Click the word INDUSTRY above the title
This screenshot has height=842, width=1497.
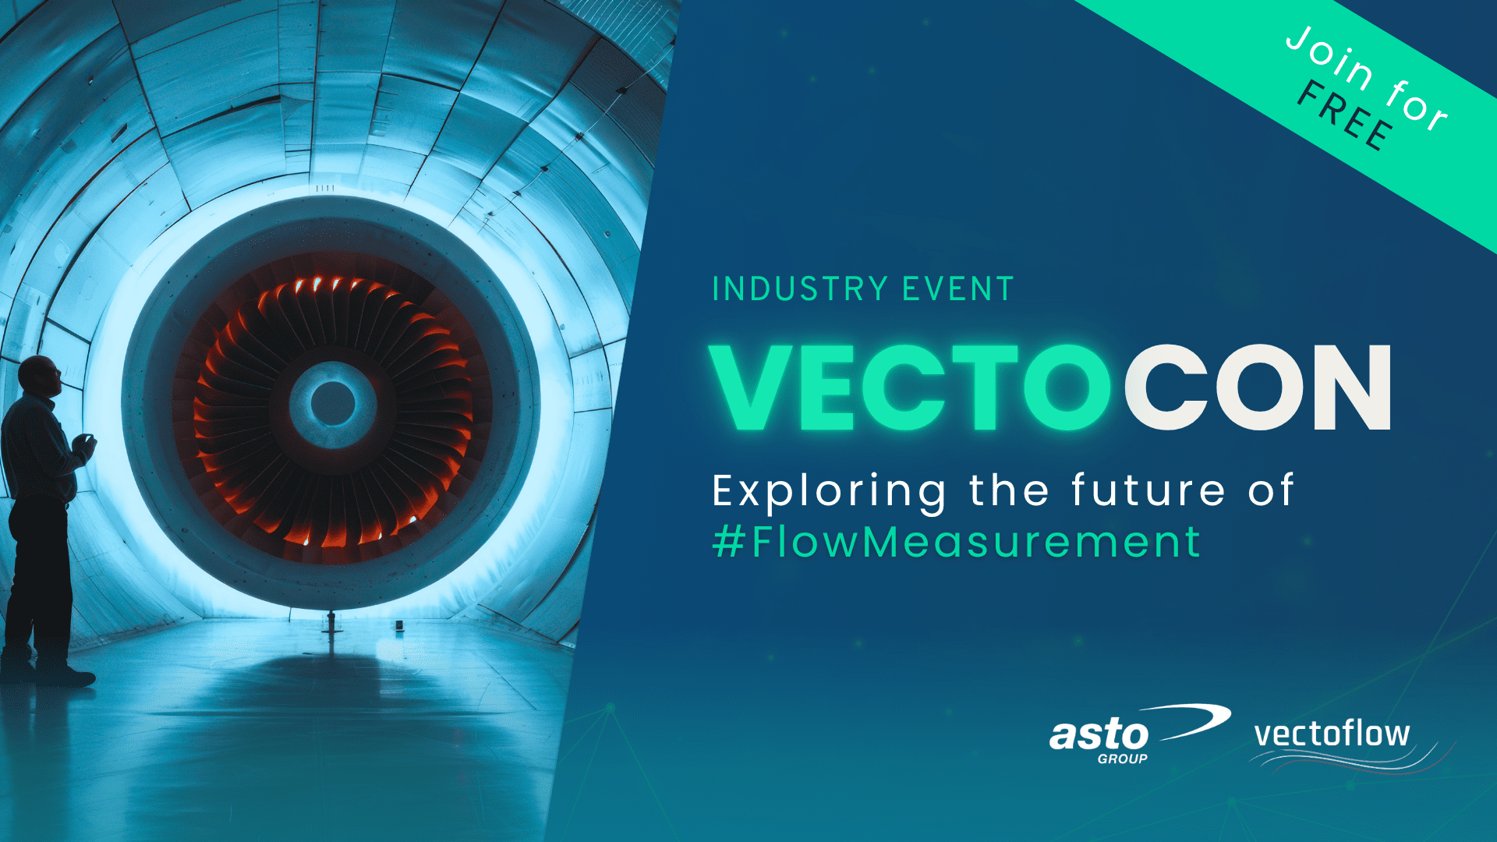tap(800, 289)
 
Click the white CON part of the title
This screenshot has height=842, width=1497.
tap(1257, 387)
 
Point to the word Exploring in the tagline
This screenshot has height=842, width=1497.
tap(829, 492)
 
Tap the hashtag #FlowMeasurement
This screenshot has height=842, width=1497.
tap(957, 542)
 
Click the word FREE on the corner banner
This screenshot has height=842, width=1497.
tap(1346, 116)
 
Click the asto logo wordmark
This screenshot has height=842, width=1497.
tap(1099, 735)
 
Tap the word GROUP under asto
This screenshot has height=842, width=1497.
tap(1122, 759)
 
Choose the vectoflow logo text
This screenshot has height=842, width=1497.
tap(1332, 734)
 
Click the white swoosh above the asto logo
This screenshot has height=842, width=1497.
tap(1193, 720)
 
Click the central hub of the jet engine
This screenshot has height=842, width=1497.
tap(333, 403)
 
